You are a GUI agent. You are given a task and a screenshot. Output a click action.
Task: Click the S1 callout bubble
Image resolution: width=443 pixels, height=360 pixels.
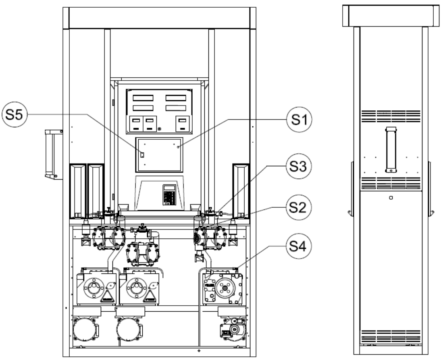coord(299,119)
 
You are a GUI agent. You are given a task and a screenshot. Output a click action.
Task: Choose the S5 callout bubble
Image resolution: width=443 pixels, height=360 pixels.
coord(15,114)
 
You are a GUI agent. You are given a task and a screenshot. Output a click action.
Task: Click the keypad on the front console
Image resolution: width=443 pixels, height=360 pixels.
coord(169,195)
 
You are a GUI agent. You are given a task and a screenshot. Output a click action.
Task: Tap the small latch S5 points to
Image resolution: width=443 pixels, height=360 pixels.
coord(142,155)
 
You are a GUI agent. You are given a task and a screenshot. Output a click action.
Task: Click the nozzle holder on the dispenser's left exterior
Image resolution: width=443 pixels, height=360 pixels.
coord(54,154)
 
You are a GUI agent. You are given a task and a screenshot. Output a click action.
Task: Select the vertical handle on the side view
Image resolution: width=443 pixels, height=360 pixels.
coord(391,149)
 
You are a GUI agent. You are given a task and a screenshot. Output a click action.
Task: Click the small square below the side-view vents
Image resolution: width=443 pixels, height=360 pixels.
coord(391,198)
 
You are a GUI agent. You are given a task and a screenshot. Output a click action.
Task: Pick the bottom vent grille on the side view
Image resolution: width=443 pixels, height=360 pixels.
coord(391,336)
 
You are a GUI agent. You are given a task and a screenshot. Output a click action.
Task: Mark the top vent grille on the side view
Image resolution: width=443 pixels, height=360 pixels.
coord(391,116)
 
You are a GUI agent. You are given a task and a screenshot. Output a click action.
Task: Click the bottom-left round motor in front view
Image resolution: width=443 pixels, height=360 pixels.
coord(85,329)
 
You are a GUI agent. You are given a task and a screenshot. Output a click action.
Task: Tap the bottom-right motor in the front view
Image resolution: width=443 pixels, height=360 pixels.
coord(233,329)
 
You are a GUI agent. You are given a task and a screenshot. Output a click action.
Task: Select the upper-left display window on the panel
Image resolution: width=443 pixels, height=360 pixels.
coord(143,98)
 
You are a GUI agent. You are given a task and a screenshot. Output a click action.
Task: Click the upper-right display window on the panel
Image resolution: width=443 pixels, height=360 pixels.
coord(176,98)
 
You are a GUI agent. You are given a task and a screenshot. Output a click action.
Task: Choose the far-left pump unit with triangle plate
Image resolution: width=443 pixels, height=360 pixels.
coord(96,287)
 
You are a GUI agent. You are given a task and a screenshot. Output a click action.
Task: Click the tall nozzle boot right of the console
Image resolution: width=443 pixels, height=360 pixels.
coord(241,191)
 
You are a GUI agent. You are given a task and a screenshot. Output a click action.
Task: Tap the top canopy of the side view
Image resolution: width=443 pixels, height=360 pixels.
coord(391,16)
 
